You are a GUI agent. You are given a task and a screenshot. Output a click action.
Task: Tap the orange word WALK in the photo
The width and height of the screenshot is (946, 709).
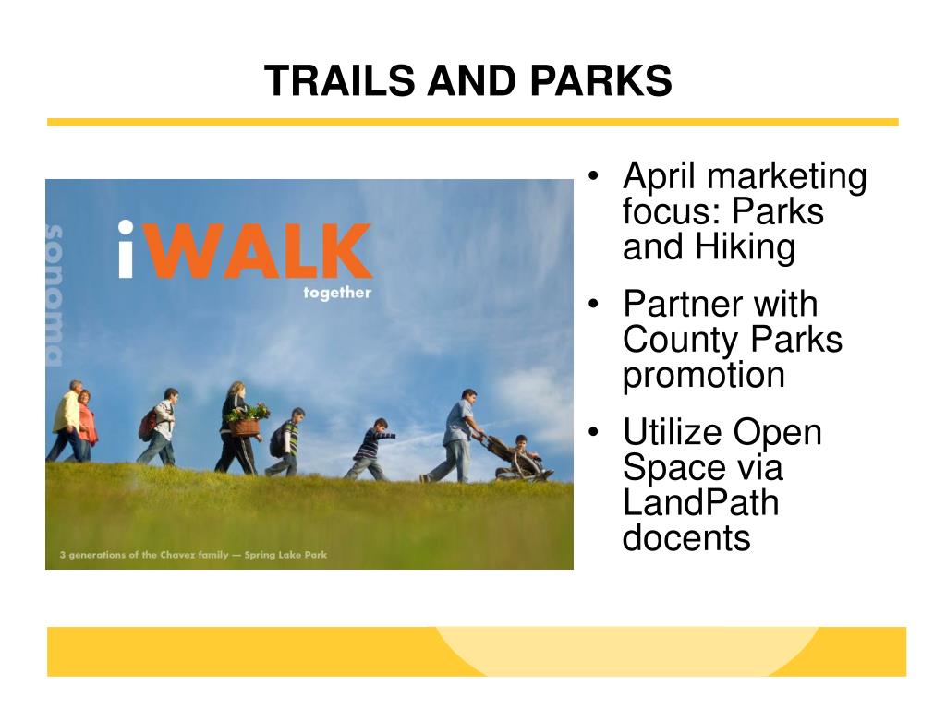point(260,250)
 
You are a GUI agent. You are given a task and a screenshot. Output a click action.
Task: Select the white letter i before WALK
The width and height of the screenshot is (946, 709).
point(126,249)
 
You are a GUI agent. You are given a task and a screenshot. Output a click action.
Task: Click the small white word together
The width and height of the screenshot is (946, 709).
point(337,293)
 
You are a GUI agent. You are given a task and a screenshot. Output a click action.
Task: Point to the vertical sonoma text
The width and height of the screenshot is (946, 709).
point(55,295)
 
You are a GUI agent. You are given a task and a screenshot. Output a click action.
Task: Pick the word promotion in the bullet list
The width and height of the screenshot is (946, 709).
point(703,376)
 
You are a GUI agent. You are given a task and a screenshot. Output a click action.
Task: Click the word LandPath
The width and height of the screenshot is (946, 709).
point(700,502)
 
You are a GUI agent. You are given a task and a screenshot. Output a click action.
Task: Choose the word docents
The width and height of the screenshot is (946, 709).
point(686,538)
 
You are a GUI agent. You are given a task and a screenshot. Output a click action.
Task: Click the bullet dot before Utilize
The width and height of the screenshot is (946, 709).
point(594,432)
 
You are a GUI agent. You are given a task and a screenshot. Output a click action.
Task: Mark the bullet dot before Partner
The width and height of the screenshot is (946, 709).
point(594,303)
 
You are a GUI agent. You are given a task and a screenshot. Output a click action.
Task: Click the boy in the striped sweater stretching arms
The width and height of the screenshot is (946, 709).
point(371,450)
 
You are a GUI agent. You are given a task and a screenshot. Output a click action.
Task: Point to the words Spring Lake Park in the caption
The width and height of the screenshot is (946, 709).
point(285,555)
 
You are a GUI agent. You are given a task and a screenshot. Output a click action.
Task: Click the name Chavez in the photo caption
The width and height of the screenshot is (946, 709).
point(177,555)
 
